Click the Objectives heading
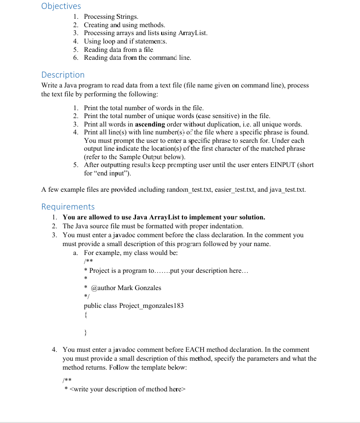pos(61,6)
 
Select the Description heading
pos(63,75)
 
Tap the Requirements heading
pos(68,207)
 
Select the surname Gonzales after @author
pos(147,288)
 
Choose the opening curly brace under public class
pos(86,314)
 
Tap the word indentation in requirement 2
pos(222,226)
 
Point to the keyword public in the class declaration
pos(93,305)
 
